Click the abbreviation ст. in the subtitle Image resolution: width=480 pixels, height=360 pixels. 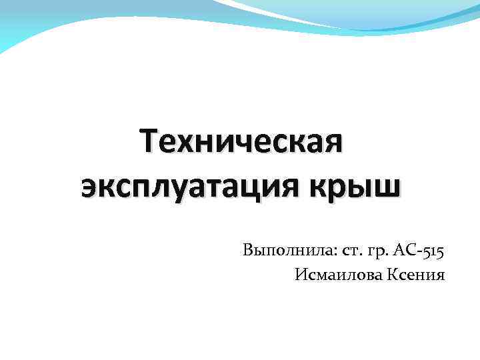(x=350, y=252)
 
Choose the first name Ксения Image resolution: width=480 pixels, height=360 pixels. (x=415, y=274)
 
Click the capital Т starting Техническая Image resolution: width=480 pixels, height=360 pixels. (x=150, y=143)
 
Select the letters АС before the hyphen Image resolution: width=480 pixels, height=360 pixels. (x=405, y=251)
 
